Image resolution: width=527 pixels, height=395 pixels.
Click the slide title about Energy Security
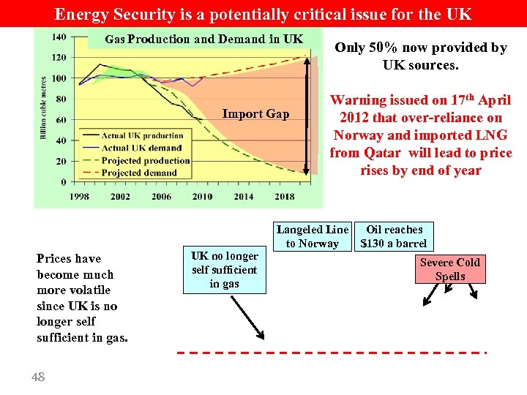pos(263,13)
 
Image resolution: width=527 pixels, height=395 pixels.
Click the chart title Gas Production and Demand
pos(203,39)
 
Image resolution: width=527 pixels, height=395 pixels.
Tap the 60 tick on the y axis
pos(61,119)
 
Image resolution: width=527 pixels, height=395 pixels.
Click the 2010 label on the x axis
pos(202,196)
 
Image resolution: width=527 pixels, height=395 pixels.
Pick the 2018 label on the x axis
pos(284,196)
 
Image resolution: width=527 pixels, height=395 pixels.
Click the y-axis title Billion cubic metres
pos(44,108)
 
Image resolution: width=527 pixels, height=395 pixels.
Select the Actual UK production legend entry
pos(143,135)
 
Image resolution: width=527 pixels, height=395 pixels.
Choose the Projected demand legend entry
pos(139,173)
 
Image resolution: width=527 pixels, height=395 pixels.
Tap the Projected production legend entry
pos(146,160)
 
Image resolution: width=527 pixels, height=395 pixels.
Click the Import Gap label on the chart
pos(255,114)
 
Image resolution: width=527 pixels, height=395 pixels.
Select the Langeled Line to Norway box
pos(313,236)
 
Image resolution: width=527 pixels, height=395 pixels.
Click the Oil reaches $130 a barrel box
pos(394,236)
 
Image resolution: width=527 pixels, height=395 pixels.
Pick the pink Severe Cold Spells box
pos(450,269)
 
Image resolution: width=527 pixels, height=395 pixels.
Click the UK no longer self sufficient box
pos(225,270)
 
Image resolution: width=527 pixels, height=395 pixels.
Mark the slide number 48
pos(38,377)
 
